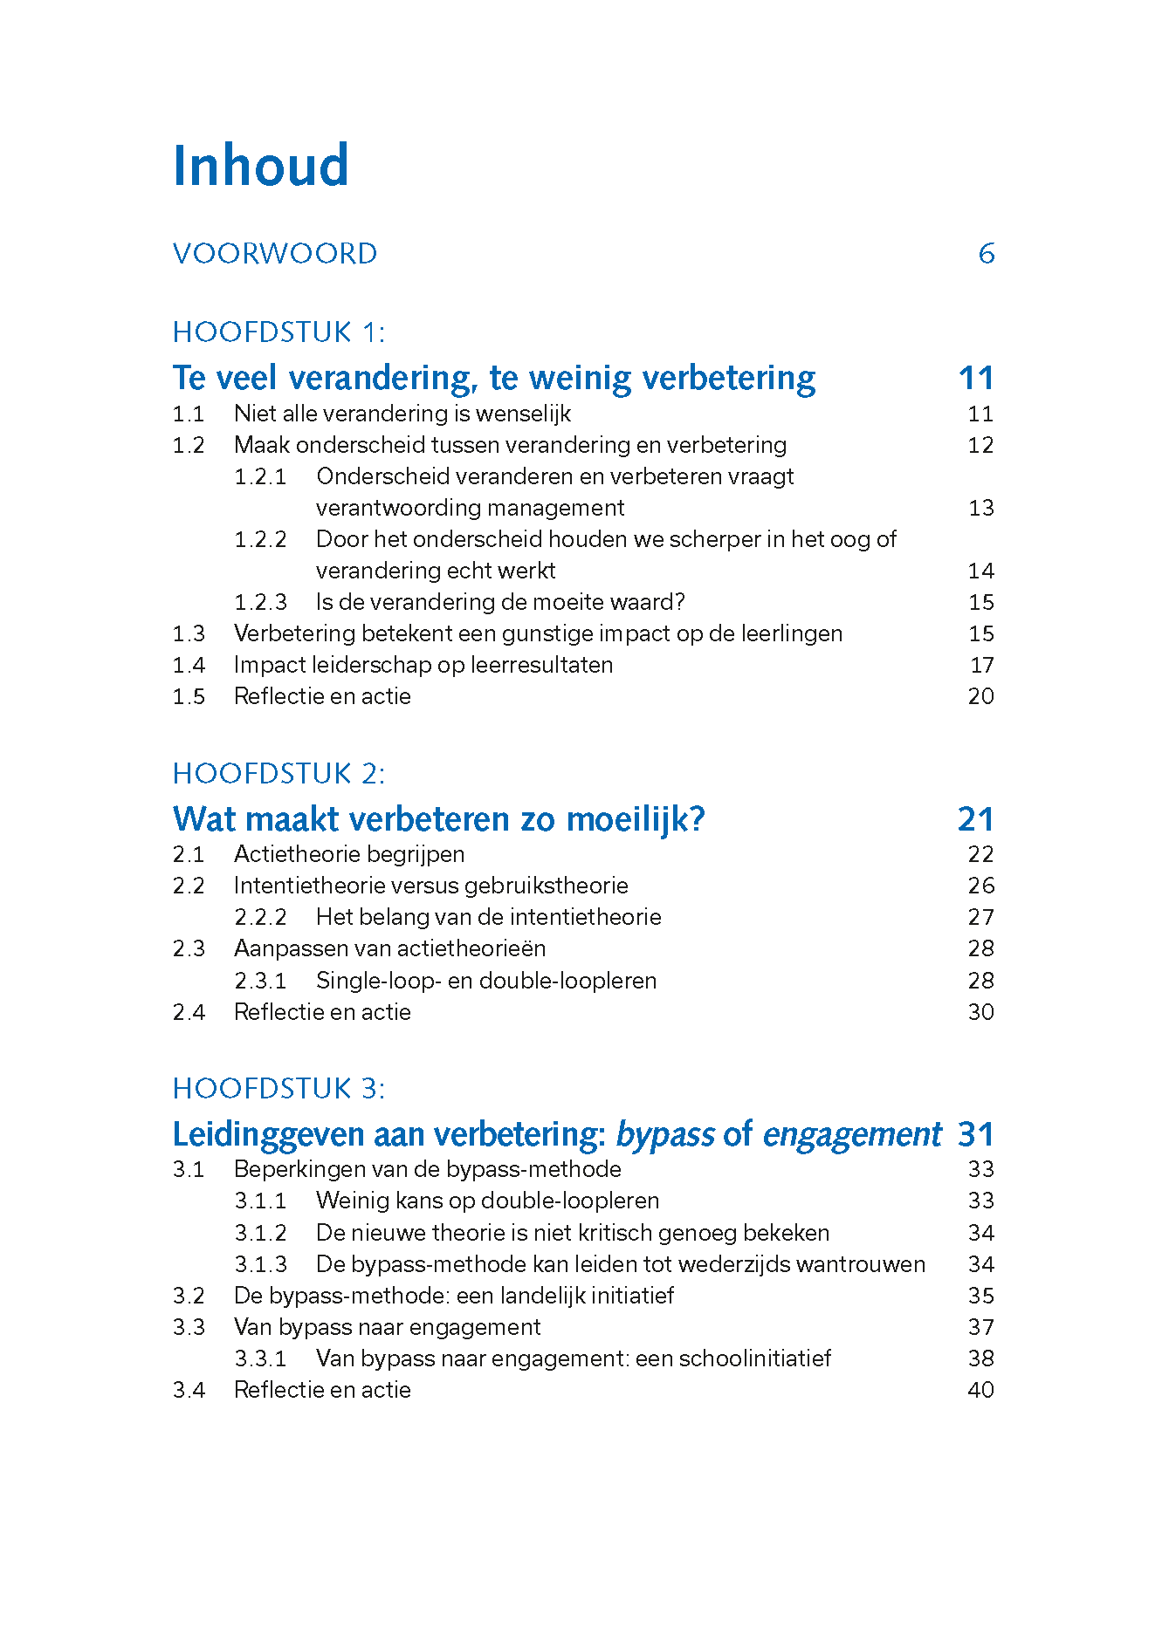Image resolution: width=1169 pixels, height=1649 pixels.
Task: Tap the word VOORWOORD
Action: [275, 254]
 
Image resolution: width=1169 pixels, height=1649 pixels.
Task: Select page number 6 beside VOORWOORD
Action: [987, 254]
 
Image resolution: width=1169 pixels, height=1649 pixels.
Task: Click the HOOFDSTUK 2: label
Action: [278, 774]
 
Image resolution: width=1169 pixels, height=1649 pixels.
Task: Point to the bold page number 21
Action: [975, 819]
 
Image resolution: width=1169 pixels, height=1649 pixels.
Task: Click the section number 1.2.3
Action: [260, 602]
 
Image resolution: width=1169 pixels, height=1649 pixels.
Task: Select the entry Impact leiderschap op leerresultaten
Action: [423, 665]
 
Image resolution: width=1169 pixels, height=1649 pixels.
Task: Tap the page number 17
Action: [982, 665]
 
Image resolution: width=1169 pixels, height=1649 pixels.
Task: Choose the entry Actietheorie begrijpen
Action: [349, 854]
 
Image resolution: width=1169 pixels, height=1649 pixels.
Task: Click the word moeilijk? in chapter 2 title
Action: [636, 819]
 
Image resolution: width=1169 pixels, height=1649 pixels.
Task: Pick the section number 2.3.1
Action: [260, 981]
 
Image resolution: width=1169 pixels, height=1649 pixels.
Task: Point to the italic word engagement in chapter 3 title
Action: [852, 1134]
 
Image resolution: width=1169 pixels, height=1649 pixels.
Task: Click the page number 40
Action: [981, 1390]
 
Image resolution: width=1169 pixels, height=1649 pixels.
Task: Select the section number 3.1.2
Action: [260, 1233]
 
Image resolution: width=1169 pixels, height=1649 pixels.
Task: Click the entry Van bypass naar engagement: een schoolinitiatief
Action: [574, 1358]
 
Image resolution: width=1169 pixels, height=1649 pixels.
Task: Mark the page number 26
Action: [981, 886]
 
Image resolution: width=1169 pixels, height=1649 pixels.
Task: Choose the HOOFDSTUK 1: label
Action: [278, 332]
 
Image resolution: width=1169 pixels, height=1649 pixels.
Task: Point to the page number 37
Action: [981, 1327]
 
